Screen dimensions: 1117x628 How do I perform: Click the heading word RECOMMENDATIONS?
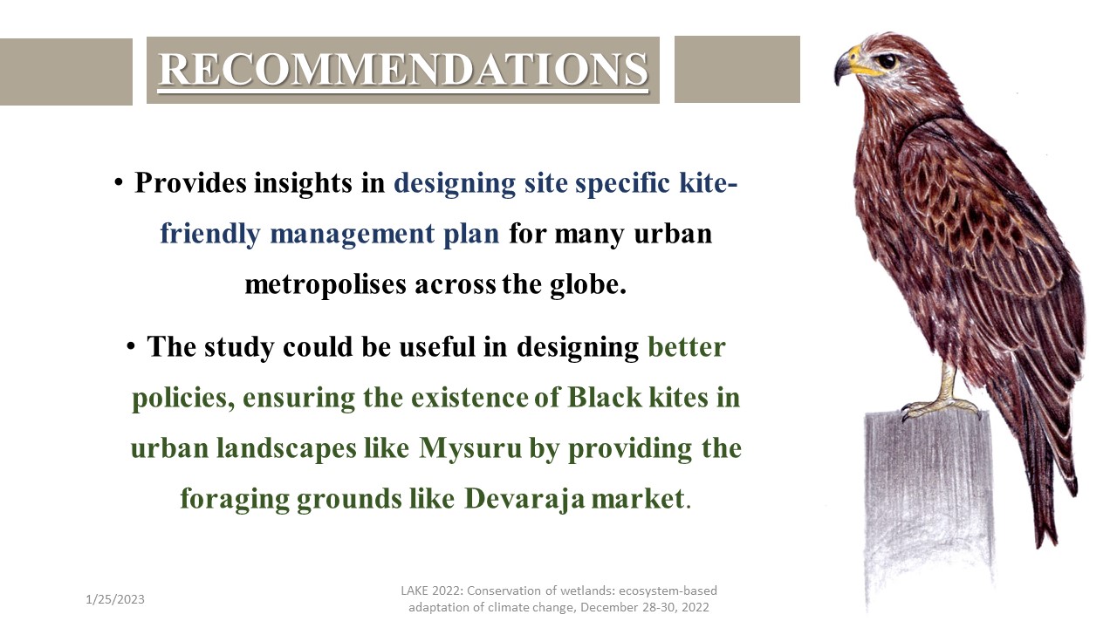click(403, 69)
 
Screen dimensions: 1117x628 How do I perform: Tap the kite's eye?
click(887, 61)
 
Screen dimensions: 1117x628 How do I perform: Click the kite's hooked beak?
click(846, 65)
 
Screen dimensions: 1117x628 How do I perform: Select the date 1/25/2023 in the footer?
click(114, 599)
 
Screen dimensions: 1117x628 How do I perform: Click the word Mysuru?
click(469, 448)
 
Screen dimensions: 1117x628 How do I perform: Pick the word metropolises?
click(326, 285)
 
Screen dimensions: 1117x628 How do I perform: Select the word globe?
click(588, 285)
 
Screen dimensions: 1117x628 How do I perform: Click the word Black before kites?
click(605, 397)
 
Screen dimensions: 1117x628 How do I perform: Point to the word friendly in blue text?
click(210, 234)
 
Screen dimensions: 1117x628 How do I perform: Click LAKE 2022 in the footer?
click(432, 590)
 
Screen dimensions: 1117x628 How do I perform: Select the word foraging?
click(235, 499)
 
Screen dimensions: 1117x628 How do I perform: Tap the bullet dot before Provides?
click(119, 182)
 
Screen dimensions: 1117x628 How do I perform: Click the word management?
click(352, 235)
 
